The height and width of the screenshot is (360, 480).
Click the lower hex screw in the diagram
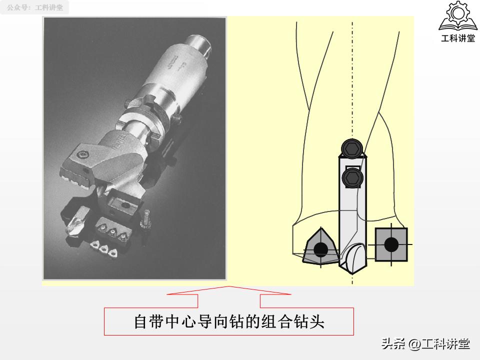click(352, 177)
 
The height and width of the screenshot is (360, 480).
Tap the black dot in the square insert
click(391, 244)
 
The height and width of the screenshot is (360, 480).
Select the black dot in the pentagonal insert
click(320, 248)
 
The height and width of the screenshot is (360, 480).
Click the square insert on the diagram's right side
click(391, 244)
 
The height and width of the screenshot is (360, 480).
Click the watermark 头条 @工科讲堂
click(425, 344)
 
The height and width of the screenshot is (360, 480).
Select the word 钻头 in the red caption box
click(311, 321)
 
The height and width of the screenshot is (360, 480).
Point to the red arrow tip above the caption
click(229, 286)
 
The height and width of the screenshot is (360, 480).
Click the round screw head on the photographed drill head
click(84, 151)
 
